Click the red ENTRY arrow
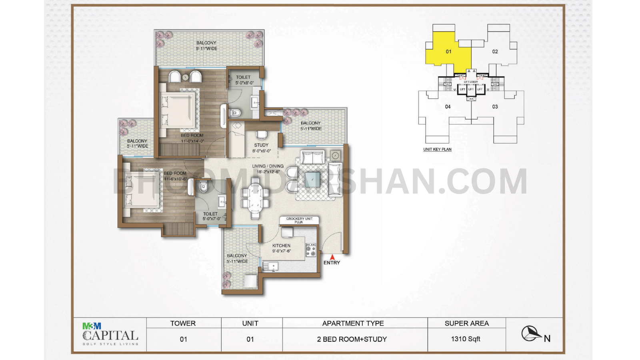pyautogui.click(x=332, y=258)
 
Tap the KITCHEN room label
pyautogui.click(x=282, y=248)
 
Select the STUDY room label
pyautogui.click(x=261, y=148)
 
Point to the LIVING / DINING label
pyautogui.click(x=268, y=169)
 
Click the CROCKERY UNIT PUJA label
pyautogui.click(x=299, y=220)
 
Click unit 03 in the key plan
pyautogui.click(x=495, y=107)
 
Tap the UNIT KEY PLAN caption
pyautogui.click(x=437, y=150)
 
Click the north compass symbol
pyautogui.click(x=531, y=334)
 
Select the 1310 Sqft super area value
pyautogui.click(x=466, y=339)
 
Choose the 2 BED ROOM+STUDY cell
pyautogui.click(x=352, y=339)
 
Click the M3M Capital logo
pyautogui.click(x=110, y=334)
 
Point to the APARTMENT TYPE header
pyautogui.click(x=353, y=323)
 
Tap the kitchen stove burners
pyautogui.click(x=311, y=250)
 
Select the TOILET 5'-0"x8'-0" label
pyautogui.click(x=244, y=80)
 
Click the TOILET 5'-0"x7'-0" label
pyautogui.click(x=211, y=216)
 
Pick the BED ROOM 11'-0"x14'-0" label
pyautogui.click(x=192, y=138)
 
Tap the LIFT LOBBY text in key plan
pyautogui.click(x=471, y=82)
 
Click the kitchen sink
pyautogui.click(x=270, y=266)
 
